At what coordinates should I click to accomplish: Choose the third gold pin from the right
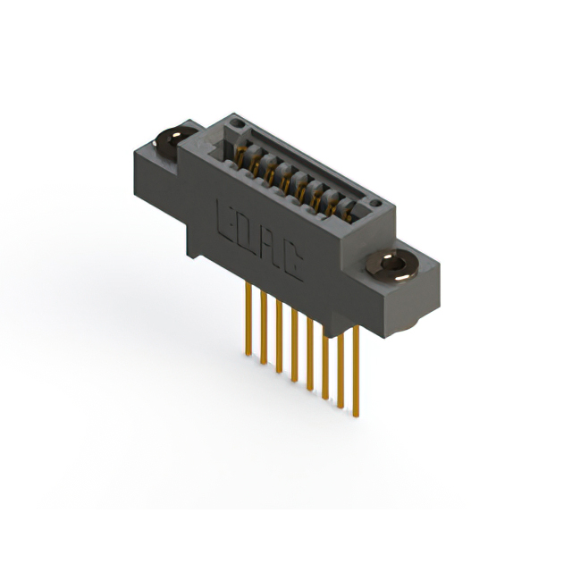(325, 362)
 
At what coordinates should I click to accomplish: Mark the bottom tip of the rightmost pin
(357, 416)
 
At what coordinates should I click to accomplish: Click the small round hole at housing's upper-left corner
(235, 119)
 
